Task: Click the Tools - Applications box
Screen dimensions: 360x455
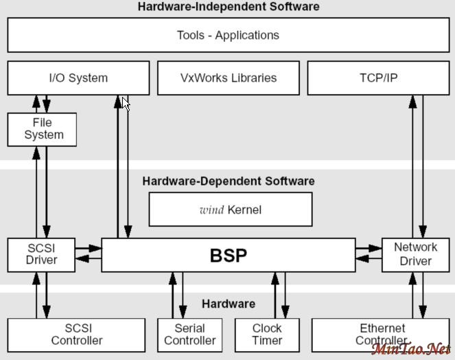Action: pyautogui.click(x=228, y=35)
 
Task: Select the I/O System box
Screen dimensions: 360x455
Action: pyautogui.click(x=78, y=78)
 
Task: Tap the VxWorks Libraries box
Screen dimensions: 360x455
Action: pyautogui.click(x=229, y=78)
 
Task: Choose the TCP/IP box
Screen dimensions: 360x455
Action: pyautogui.click(x=378, y=78)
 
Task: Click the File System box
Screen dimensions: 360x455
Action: pyautogui.click(x=43, y=129)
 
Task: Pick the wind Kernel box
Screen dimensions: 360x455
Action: pyautogui.click(x=230, y=210)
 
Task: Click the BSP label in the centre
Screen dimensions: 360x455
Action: pyautogui.click(x=229, y=256)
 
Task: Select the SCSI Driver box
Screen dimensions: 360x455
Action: pyautogui.click(x=41, y=254)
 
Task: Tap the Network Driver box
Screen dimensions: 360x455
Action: pyautogui.click(x=415, y=254)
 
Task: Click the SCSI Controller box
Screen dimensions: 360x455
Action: pyautogui.click(x=76, y=335)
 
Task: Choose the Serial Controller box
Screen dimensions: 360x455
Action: pyautogui.click(x=190, y=335)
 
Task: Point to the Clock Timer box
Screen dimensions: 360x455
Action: pyautogui.click(x=267, y=335)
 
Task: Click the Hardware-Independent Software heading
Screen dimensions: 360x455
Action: pyautogui.click(x=229, y=7)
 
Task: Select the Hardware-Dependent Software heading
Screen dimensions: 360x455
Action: pyautogui.click(x=229, y=181)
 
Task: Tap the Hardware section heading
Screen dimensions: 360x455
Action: pyautogui.click(x=229, y=304)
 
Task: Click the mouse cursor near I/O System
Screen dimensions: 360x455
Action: pyautogui.click(x=126, y=103)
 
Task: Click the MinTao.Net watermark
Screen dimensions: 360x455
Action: pyautogui.click(x=411, y=349)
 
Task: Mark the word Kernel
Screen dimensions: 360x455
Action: pyautogui.click(x=244, y=210)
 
